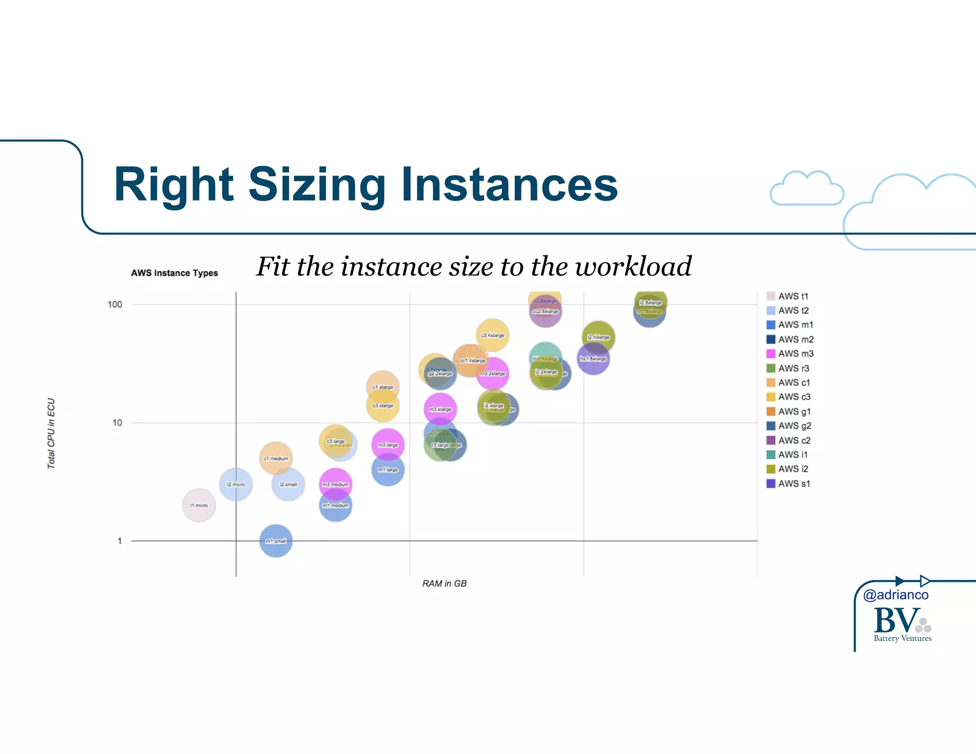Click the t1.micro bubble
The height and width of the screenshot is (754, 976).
199,505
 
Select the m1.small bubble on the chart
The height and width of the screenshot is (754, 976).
275,541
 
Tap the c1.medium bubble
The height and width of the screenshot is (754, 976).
276,458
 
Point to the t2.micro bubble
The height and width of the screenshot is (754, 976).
235,484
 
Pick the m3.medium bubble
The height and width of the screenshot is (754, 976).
335,484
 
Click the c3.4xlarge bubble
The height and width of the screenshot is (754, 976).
492,335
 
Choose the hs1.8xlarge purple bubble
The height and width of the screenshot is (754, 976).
593,359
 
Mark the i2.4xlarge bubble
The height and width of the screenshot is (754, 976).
599,336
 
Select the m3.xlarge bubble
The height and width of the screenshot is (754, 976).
440,409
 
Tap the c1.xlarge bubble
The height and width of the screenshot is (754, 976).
383,386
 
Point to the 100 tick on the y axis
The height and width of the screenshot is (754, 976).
115,304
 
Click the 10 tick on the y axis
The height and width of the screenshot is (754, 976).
117,422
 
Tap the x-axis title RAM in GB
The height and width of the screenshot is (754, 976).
444,583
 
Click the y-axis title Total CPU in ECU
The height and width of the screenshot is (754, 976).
51,433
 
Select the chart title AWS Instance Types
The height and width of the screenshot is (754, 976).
174,273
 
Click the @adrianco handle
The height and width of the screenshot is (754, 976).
895,595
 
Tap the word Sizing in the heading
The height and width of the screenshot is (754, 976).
316,184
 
